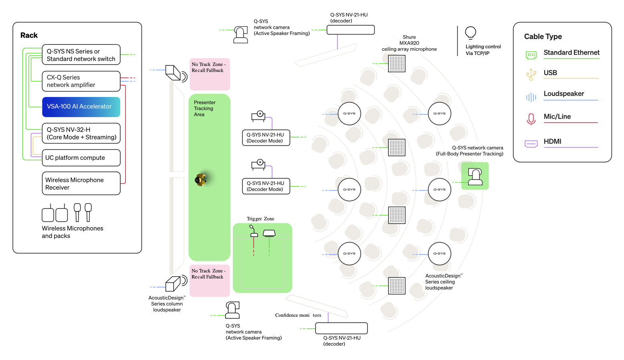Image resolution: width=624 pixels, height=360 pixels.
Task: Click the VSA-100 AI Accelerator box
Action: pyautogui.click(x=81, y=107)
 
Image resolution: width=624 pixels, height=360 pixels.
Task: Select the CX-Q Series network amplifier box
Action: pyautogui.click(x=81, y=81)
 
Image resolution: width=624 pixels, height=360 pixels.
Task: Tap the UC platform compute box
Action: pyautogui.click(x=81, y=158)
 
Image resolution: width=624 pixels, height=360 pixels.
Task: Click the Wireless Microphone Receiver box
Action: pyautogui.click(x=81, y=183)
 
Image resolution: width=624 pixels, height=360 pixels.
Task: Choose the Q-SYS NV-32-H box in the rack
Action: pyautogui.click(x=81, y=133)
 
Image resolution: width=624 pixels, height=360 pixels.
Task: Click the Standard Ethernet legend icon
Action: pyautogui.click(x=531, y=55)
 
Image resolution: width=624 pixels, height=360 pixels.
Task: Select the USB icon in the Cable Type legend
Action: pyautogui.click(x=531, y=75)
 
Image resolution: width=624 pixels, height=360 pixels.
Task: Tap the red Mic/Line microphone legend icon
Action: pyautogui.click(x=531, y=119)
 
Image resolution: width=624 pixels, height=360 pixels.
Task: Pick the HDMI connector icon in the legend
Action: pyautogui.click(x=531, y=144)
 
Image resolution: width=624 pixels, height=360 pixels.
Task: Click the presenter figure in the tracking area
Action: pyautogui.click(x=200, y=180)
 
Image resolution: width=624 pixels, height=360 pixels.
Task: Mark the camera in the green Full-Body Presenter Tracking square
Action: pyautogui.click(x=475, y=177)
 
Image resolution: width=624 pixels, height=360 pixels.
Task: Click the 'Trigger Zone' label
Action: pyautogui.click(x=261, y=219)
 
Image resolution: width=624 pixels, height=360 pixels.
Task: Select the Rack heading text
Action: pyautogui.click(x=29, y=35)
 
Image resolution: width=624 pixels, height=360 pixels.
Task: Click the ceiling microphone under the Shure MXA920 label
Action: pyautogui.click(x=397, y=63)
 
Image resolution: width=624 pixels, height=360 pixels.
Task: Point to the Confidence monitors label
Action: pyautogui.click(x=298, y=315)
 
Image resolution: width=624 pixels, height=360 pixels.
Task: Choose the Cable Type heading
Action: pyautogui.click(x=543, y=36)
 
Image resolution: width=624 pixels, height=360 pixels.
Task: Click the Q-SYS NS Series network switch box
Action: pyautogui.click(x=81, y=55)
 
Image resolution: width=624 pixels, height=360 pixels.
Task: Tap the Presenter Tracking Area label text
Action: pyautogui.click(x=205, y=108)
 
